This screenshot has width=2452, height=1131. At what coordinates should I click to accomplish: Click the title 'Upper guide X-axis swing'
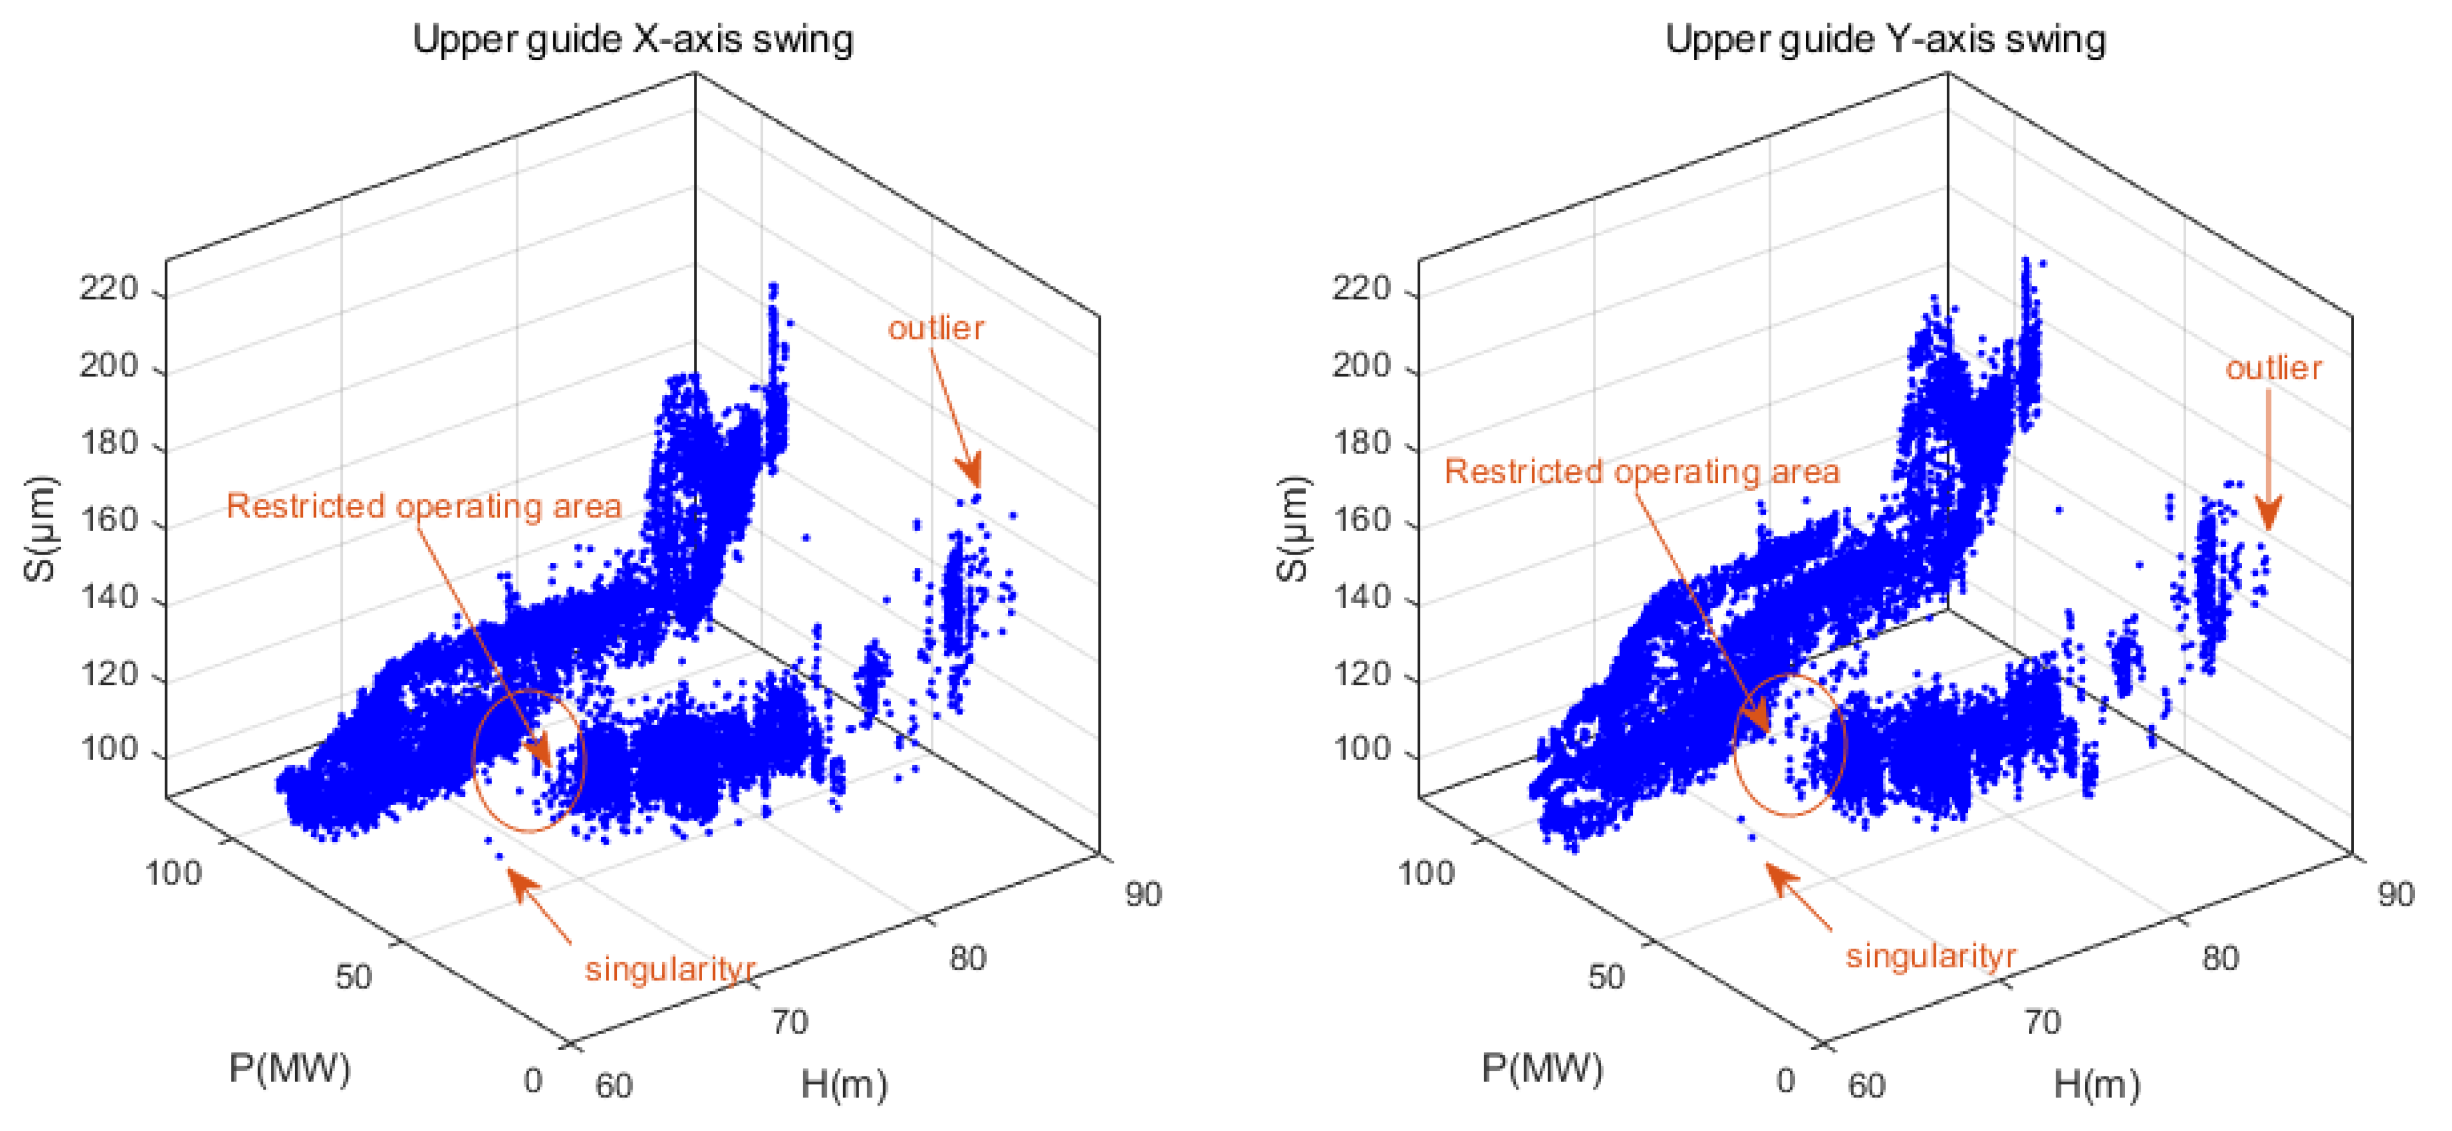[632, 40]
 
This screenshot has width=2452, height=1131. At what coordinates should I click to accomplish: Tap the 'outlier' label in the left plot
[936, 328]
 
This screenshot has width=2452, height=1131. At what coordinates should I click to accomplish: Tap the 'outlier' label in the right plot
[2273, 368]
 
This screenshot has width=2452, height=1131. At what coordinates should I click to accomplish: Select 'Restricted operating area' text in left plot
[423, 506]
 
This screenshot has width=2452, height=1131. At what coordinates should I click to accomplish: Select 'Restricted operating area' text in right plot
[1642, 471]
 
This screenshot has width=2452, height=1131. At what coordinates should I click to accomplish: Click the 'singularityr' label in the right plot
[1930, 956]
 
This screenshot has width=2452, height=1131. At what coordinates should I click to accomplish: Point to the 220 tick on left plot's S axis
[109, 288]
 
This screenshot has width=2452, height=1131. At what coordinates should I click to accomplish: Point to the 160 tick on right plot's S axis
[1361, 521]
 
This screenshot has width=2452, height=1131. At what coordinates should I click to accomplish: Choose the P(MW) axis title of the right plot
[1542, 1068]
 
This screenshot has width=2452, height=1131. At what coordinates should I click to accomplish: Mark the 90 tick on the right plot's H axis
[2396, 895]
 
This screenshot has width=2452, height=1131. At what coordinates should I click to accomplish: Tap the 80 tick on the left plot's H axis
[967, 957]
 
